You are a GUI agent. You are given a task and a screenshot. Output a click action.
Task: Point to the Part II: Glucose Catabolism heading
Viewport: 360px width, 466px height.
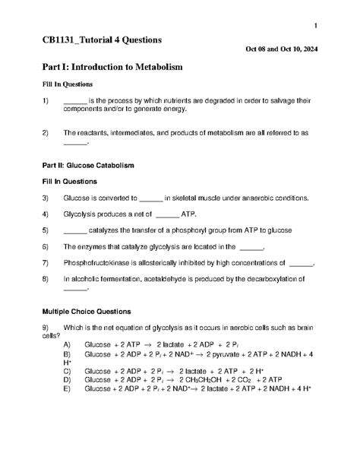pos(89,164)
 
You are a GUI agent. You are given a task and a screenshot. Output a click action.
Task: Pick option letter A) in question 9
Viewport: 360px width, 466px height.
pos(68,344)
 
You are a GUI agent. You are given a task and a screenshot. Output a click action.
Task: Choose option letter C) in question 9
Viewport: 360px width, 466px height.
pos(68,370)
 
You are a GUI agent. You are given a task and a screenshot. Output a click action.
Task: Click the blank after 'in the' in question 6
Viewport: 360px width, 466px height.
pos(251,247)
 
